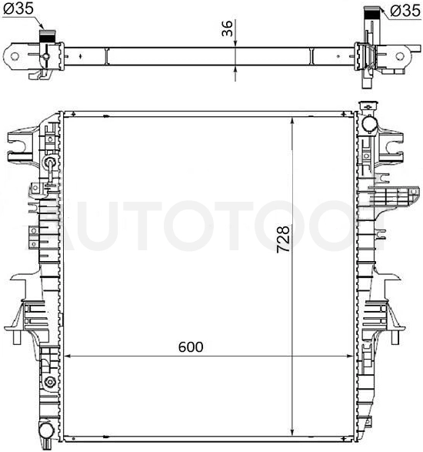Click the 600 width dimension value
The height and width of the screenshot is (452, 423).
(191, 347)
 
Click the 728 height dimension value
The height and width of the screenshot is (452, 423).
(283, 239)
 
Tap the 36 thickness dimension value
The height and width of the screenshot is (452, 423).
(227, 28)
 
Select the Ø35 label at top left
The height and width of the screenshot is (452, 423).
(18, 8)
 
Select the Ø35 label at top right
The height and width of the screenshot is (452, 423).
(405, 11)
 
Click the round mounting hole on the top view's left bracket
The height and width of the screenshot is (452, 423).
(15, 56)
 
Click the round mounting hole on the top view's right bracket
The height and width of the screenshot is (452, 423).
(400, 56)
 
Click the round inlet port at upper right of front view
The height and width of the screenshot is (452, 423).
(370, 123)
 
